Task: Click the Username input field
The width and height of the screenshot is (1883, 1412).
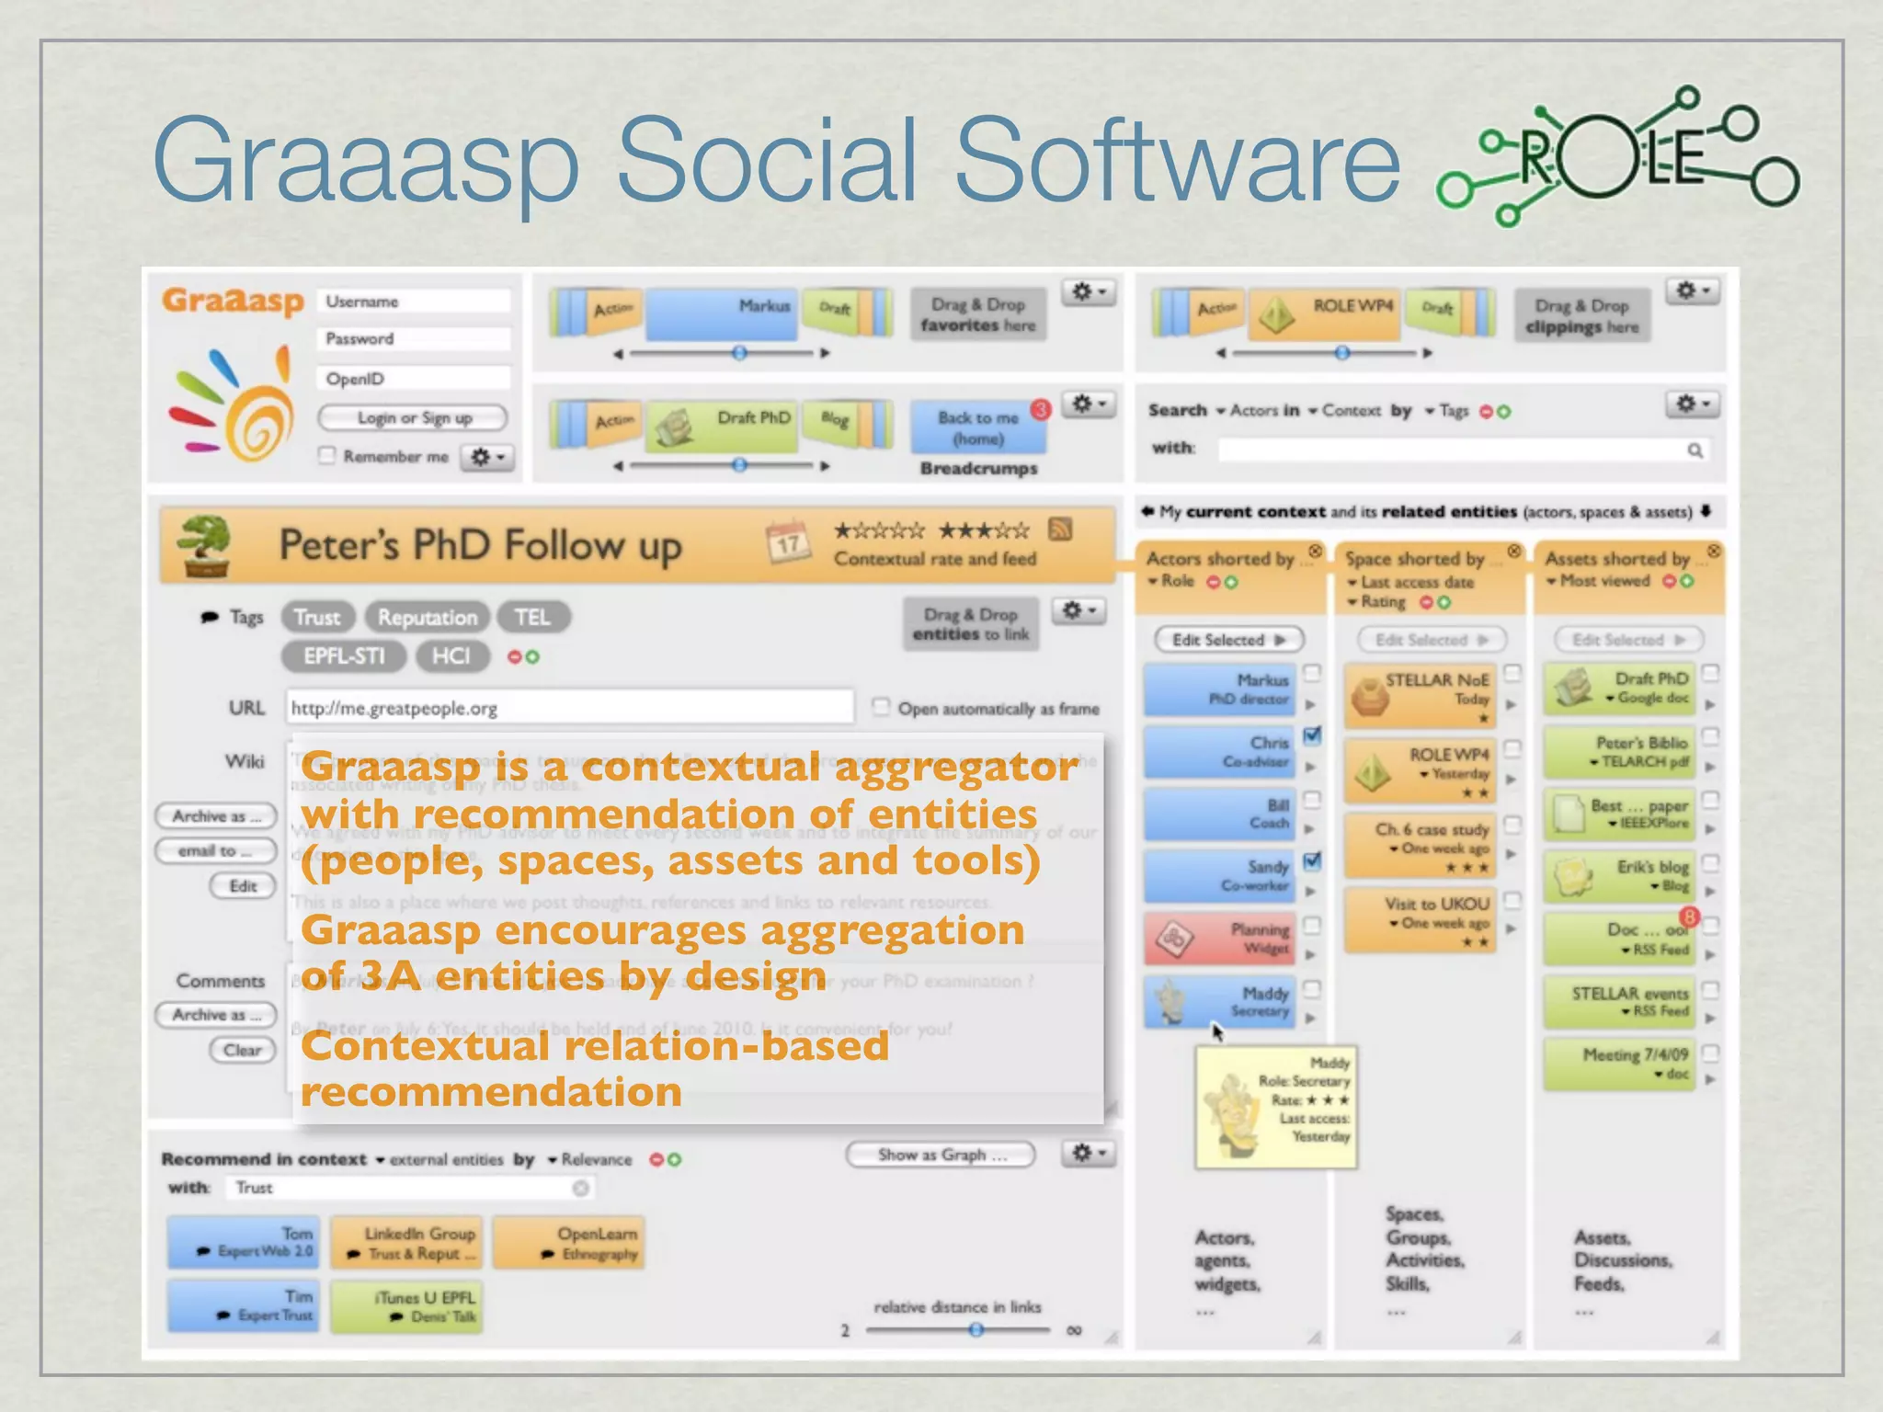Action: pos(414,302)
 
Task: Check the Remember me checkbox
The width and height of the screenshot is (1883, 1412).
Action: pos(326,456)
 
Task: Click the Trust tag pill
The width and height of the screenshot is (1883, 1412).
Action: pos(317,617)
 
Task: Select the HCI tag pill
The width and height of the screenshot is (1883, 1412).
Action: pos(451,655)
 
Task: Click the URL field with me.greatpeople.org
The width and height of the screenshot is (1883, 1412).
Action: pos(570,708)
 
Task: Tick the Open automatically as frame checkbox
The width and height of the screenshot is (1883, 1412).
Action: pos(881,707)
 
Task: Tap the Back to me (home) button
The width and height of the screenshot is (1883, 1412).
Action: pos(977,427)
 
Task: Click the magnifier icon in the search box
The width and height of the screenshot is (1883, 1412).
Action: pos(1695,450)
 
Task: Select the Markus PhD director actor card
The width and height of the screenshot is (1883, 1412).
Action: pos(1219,689)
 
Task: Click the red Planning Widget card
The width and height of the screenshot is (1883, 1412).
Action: pos(1219,939)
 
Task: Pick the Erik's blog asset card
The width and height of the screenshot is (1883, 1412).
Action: pos(1618,875)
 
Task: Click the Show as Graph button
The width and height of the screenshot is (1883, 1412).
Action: pos(941,1155)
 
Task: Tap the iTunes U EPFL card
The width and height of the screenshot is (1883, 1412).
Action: pos(405,1306)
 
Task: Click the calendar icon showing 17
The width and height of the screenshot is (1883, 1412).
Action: pos(788,543)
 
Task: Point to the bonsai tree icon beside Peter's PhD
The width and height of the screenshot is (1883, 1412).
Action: pos(204,545)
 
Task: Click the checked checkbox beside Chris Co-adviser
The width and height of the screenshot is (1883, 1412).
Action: pos(1313,735)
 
